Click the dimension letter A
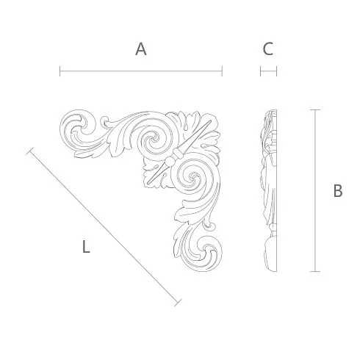click(x=141, y=49)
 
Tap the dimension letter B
click(x=338, y=190)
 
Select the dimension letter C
click(x=268, y=49)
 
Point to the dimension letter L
click(x=86, y=247)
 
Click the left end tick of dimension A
click(x=60, y=71)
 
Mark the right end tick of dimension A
click(x=222, y=71)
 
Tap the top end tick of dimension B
click(x=315, y=109)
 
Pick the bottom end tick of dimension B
click(x=315, y=271)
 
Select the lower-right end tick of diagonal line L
click(x=178, y=303)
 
